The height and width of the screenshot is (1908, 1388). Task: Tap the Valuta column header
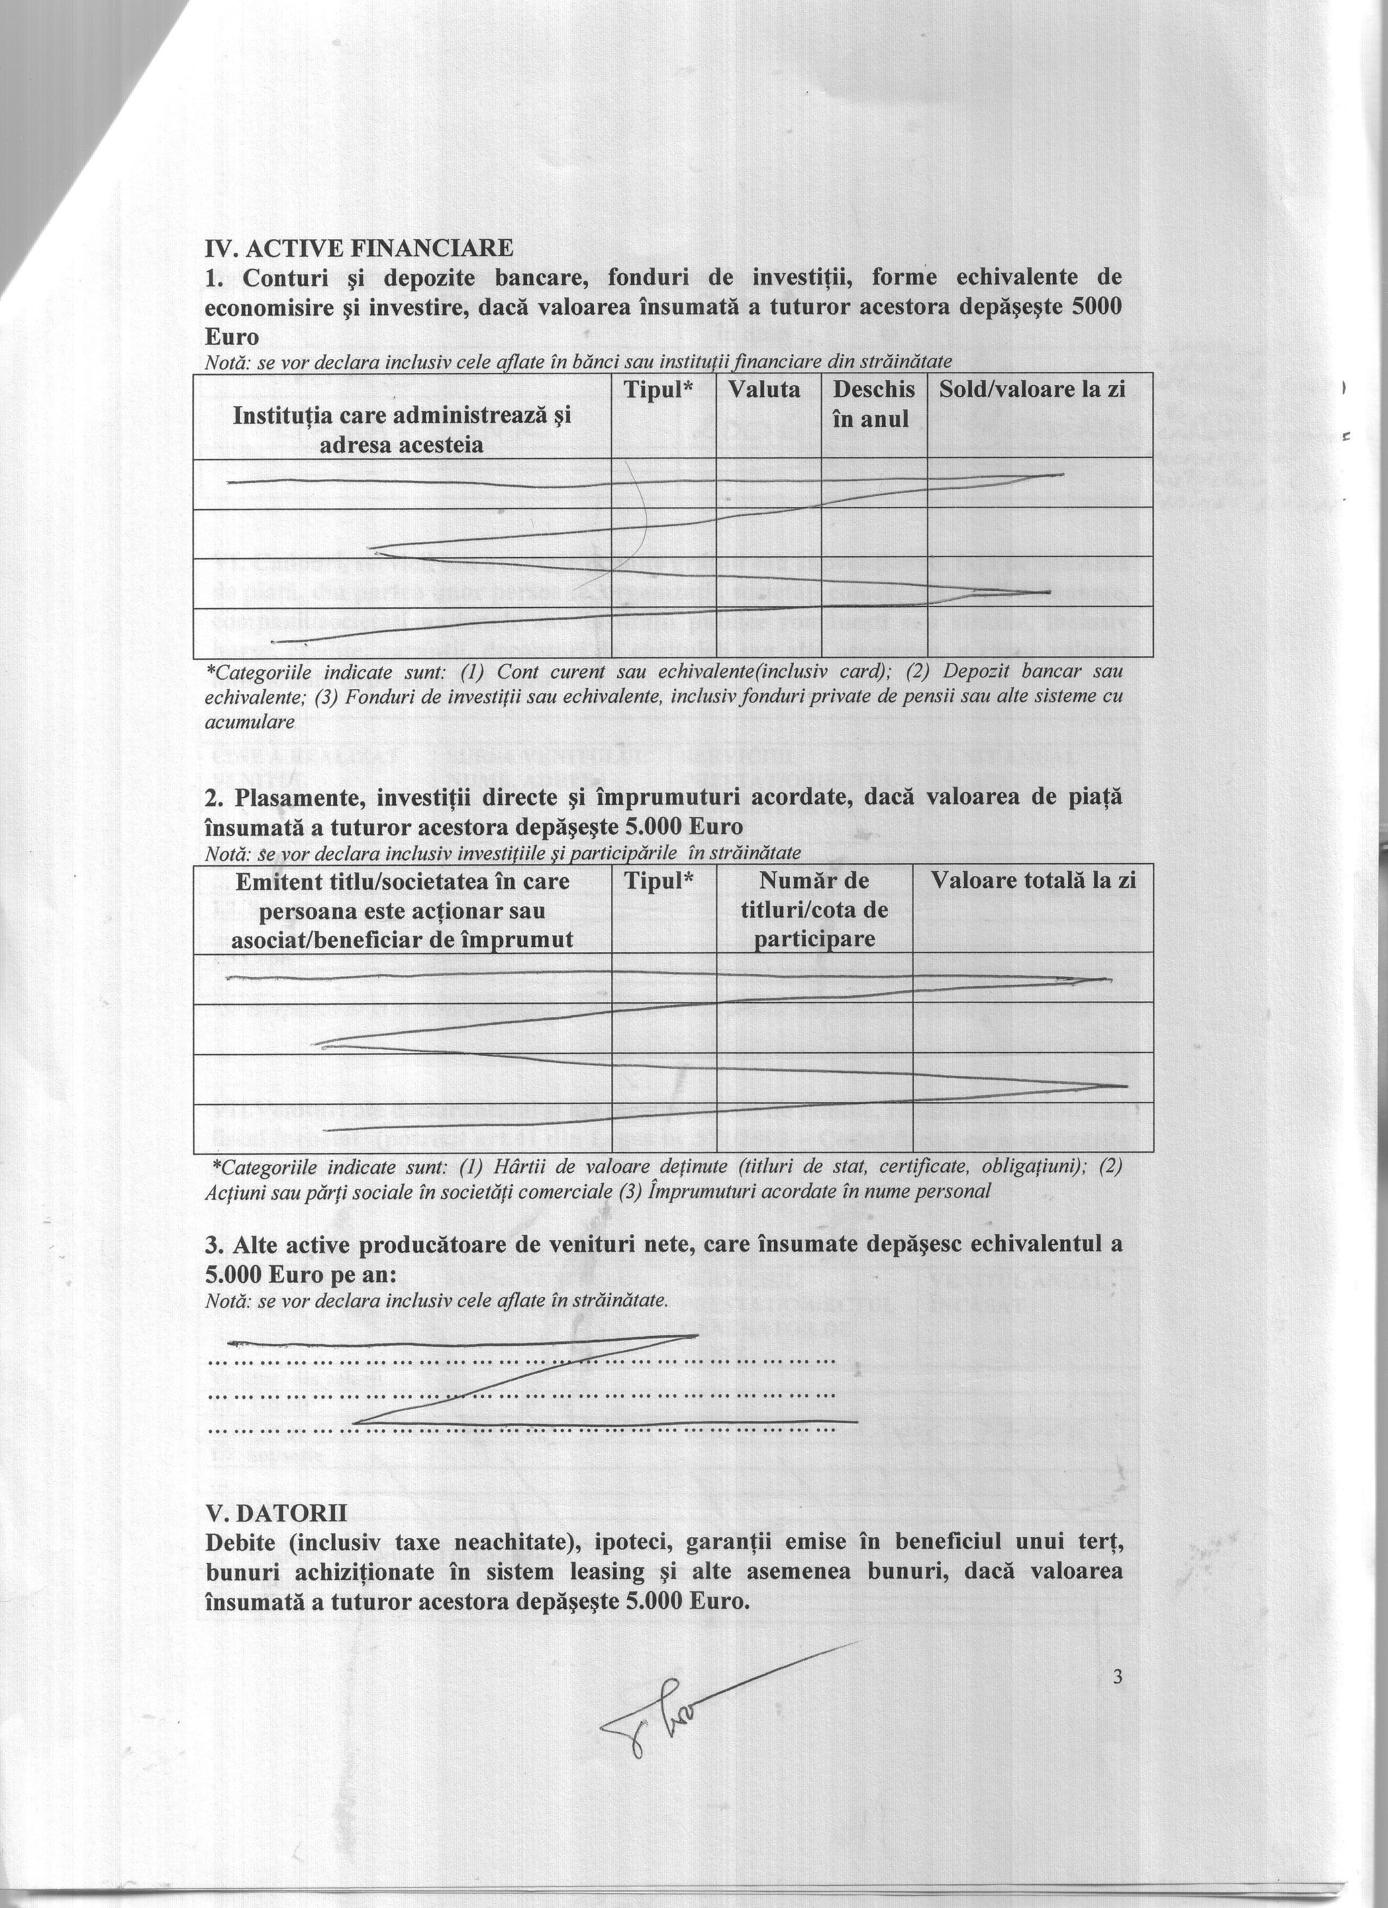coord(764,389)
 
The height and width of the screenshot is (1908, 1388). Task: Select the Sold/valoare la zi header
coord(1032,389)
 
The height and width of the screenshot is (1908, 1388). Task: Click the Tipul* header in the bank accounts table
coord(663,389)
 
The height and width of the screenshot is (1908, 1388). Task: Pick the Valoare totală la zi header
coord(1033,881)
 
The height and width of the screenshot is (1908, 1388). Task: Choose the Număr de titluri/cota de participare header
coord(814,909)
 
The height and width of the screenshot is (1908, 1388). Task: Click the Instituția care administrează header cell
coord(402,429)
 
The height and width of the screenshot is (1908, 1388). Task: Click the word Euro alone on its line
coord(231,337)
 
